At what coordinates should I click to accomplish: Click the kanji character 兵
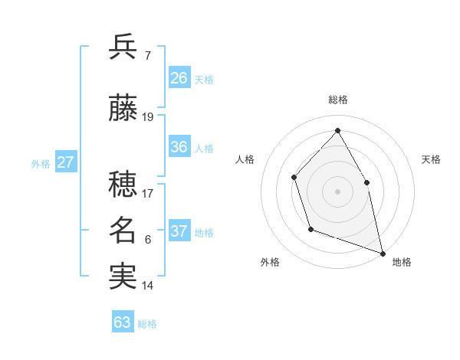pos(123,47)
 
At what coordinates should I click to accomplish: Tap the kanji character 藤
pos(123,109)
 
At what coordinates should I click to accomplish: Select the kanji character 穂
pos(123,183)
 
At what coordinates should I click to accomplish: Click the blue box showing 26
pos(179,78)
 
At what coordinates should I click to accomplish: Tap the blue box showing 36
pos(179,147)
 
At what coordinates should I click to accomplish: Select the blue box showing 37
pos(179,231)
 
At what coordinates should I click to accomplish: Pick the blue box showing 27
pos(65,162)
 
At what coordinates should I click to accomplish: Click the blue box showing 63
pos(123,322)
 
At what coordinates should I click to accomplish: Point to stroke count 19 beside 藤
pos(148,117)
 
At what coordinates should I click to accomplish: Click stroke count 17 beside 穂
pos(148,193)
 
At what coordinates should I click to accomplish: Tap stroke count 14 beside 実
pos(148,286)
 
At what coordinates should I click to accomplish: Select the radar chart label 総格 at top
pos(337,100)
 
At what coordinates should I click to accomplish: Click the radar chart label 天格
pos(432,159)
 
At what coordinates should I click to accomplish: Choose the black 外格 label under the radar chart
pos(270,262)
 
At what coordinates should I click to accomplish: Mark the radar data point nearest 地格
pos(382,252)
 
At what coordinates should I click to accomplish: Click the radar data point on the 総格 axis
pos(337,130)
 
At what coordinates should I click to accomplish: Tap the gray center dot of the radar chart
pos(337,191)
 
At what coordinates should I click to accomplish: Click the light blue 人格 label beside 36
pos(204,148)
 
